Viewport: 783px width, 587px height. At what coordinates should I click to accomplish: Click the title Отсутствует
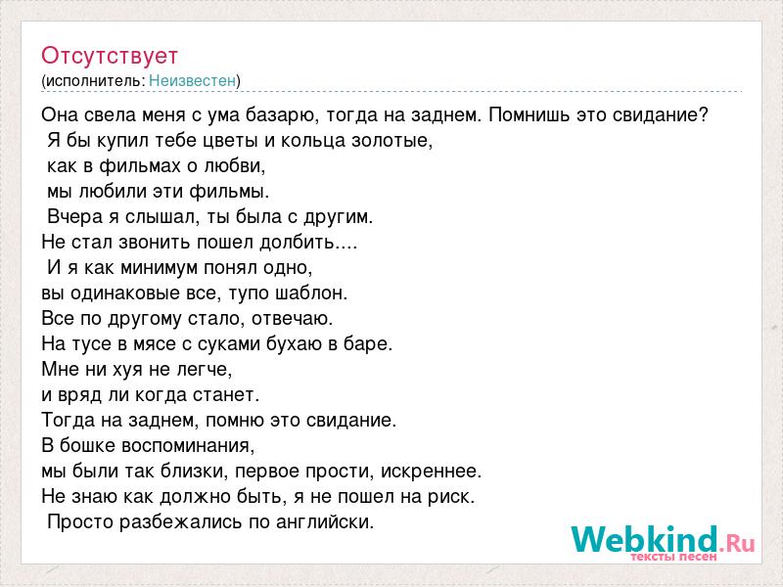(x=110, y=57)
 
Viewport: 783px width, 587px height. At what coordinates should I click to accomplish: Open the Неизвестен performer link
(x=192, y=80)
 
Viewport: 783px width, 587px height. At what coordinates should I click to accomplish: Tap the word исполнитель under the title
(x=93, y=81)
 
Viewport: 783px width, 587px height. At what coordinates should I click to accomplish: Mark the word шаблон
(x=310, y=293)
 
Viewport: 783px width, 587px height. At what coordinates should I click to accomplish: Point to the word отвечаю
(x=291, y=320)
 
